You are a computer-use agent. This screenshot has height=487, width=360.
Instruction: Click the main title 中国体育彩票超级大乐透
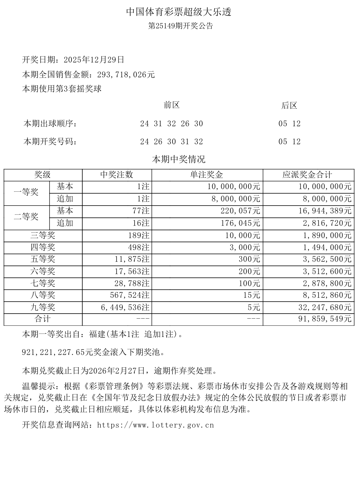(x=179, y=12)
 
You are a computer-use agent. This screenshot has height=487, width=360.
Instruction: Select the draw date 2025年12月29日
(x=94, y=60)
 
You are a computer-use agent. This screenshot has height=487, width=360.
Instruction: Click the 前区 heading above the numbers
(x=172, y=105)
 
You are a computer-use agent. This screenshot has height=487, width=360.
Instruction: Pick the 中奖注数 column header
(x=117, y=175)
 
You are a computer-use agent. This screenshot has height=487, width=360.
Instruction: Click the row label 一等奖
(x=26, y=192)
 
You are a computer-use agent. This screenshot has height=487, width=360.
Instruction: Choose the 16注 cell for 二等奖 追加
(x=141, y=223)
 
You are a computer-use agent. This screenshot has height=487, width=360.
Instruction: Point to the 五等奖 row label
(x=43, y=259)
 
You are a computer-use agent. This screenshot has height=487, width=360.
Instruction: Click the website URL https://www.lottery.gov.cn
(x=156, y=425)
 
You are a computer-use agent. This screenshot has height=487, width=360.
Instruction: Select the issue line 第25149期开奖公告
(x=181, y=26)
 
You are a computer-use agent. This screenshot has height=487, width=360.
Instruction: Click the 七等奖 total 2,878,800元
(x=327, y=283)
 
